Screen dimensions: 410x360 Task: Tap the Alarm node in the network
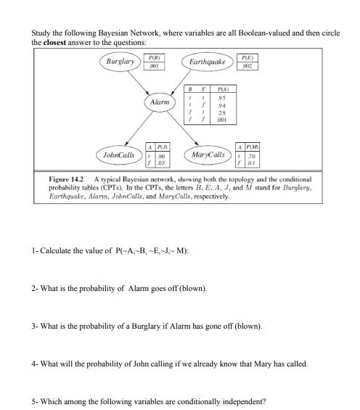coord(160,104)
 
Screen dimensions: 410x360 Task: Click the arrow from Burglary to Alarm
coord(140,83)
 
